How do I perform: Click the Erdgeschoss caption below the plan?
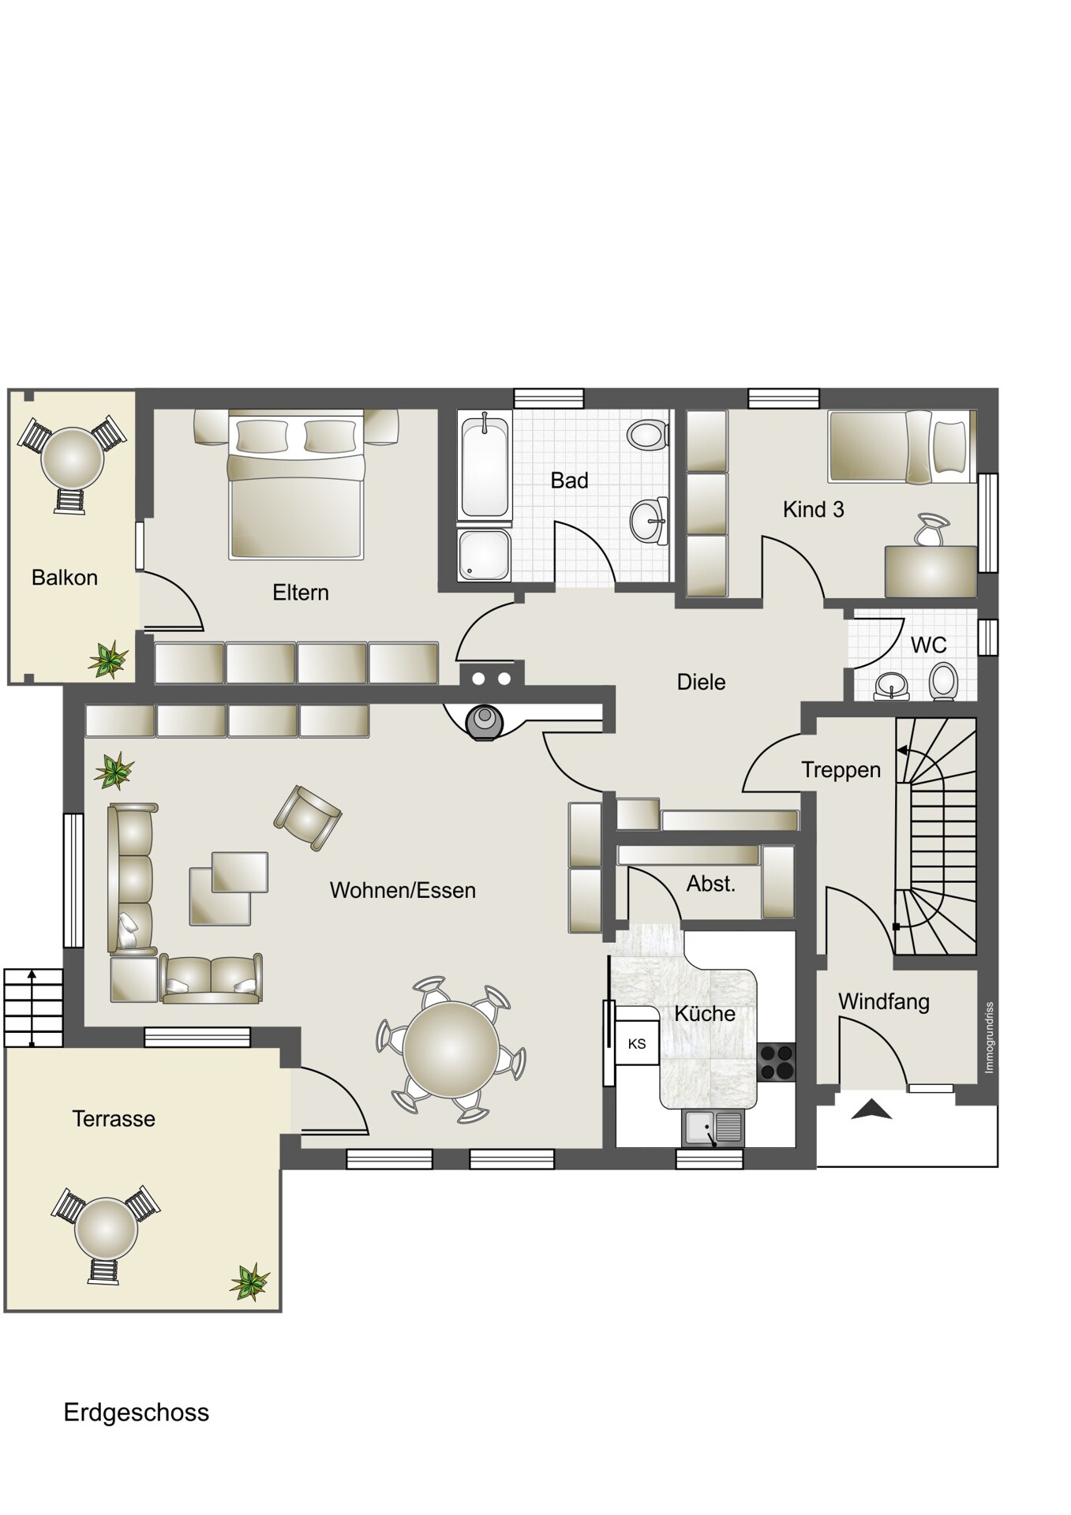[x=136, y=1412]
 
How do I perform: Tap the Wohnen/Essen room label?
[x=403, y=890]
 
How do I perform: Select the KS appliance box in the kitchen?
[x=637, y=1044]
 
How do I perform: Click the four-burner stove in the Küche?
[x=776, y=1061]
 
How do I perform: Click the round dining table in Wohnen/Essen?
[x=451, y=1049]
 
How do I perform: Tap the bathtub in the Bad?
[x=484, y=468]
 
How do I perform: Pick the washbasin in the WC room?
[x=893, y=686]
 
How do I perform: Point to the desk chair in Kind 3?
[x=932, y=529]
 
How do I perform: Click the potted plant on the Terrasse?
[x=250, y=1281]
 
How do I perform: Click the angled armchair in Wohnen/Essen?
[x=308, y=817]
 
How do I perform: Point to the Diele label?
[x=702, y=682]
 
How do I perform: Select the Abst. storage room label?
[x=711, y=884]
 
